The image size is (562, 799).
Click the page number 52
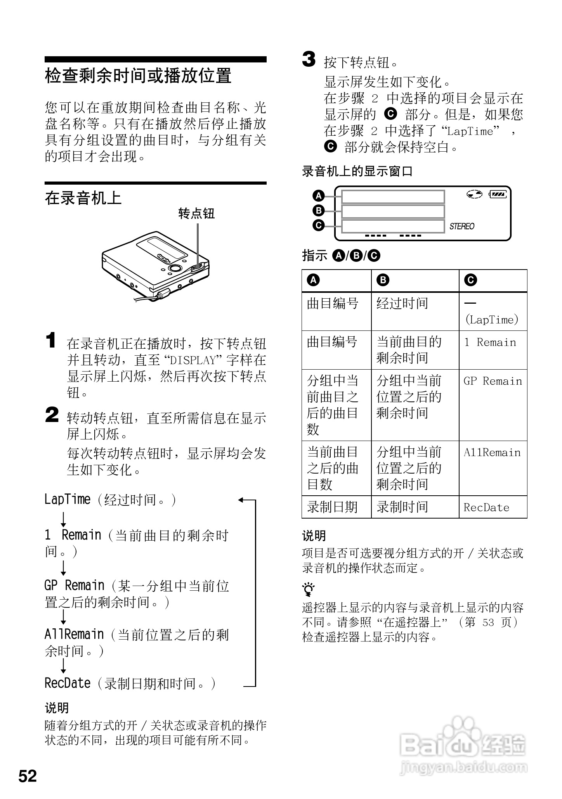click(x=28, y=776)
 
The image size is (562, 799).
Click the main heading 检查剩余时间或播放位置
click(x=138, y=76)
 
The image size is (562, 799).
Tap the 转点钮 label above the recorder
click(x=196, y=213)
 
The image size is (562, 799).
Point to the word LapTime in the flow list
click(x=67, y=500)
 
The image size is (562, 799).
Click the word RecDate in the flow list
click(x=67, y=683)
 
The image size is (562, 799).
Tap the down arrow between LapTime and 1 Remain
click(x=63, y=519)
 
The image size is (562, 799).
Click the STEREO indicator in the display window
click(x=461, y=226)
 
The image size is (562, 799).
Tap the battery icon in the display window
click(x=498, y=194)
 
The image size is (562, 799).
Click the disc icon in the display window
click(x=474, y=194)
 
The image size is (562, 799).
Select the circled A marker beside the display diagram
click(x=319, y=196)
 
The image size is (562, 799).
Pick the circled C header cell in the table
click(x=471, y=280)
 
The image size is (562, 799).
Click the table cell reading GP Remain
click(x=493, y=381)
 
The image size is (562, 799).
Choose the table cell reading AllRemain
click(x=492, y=453)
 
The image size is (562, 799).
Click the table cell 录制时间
click(x=402, y=507)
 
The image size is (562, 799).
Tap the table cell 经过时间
click(x=402, y=303)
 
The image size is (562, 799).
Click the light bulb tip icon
click(x=309, y=589)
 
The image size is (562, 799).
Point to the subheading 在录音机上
click(x=83, y=198)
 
